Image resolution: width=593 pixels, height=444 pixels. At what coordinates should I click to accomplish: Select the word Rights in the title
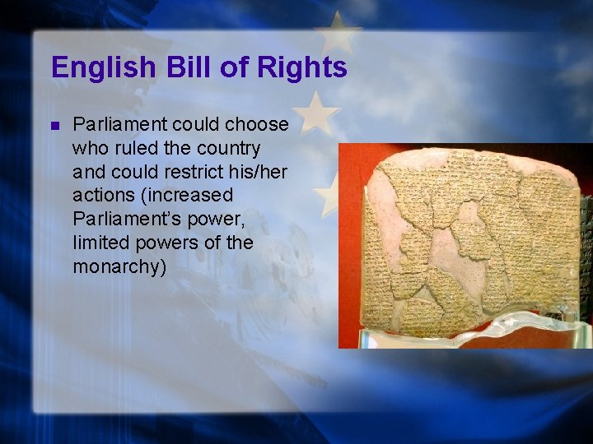point(303,67)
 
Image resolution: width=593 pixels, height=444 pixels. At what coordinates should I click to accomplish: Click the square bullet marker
point(55,126)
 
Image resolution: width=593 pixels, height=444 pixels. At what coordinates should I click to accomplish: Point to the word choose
point(257,125)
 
